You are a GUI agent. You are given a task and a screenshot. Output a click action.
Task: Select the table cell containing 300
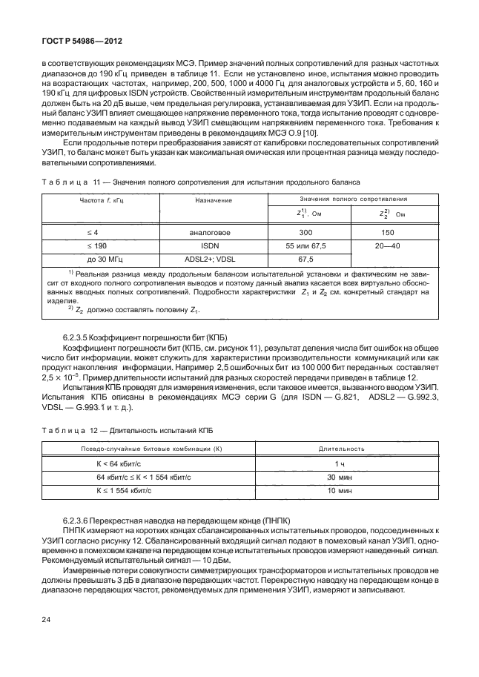coord(306,253)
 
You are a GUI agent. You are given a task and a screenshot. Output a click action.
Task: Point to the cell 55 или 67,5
coord(306,266)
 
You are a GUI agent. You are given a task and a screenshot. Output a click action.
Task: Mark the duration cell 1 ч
coord(340,463)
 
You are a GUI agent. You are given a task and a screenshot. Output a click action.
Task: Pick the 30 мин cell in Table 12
coord(340,477)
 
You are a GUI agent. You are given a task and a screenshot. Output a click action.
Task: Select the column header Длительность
coord(340,449)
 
